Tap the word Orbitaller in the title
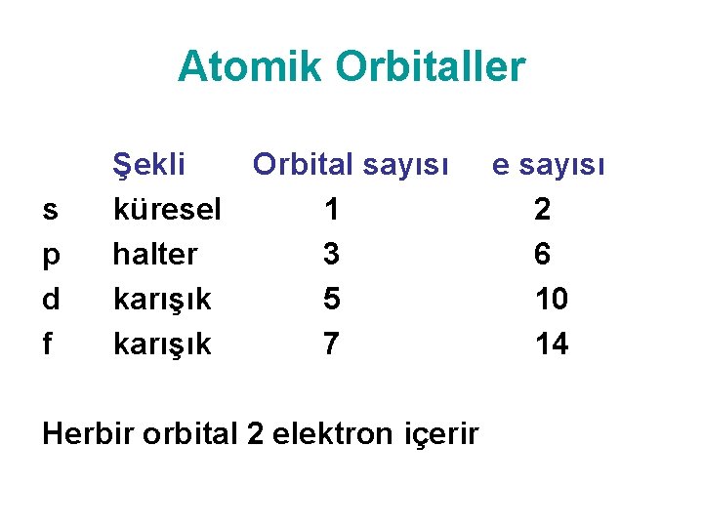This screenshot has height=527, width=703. [x=431, y=67]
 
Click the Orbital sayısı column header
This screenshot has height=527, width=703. [x=351, y=165]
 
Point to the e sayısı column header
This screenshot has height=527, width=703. [x=548, y=165]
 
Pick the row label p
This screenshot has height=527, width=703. [x=50, y=256]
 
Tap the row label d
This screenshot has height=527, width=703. [x=50, y=300]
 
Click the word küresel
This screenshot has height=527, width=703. [x=167, y=210]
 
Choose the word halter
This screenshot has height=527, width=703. [x=154, y=255]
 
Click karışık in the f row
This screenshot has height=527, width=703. [x=162, y=345]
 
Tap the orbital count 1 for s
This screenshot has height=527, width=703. [x=332, y=210]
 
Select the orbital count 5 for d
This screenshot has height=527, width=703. [x=332, y=300]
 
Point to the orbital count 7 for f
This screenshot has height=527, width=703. [x=332, y=345]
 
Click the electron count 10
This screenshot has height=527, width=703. [x=552, y=300]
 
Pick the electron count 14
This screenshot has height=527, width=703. [x=552, y=345]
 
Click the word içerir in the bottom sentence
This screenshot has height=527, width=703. [x=441, y=434]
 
